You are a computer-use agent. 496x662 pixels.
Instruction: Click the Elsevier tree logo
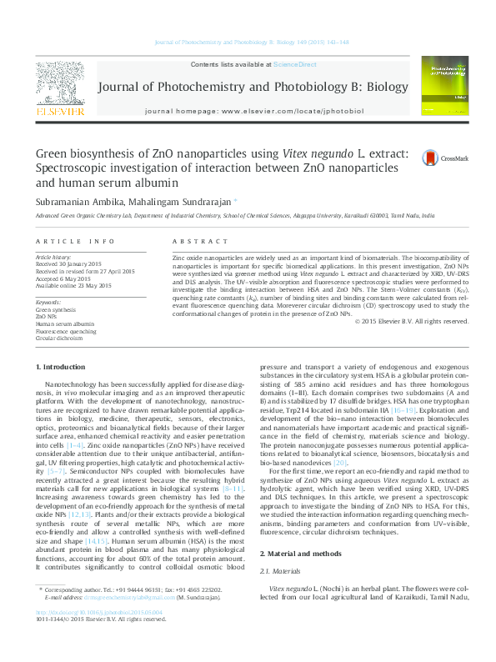(x=59, y=87)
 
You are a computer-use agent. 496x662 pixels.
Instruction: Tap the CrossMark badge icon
(x=431, y=158)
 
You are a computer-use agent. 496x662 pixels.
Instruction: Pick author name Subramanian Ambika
(x=73, y=201)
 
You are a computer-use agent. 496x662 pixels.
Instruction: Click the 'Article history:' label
(x=53, y=258)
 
